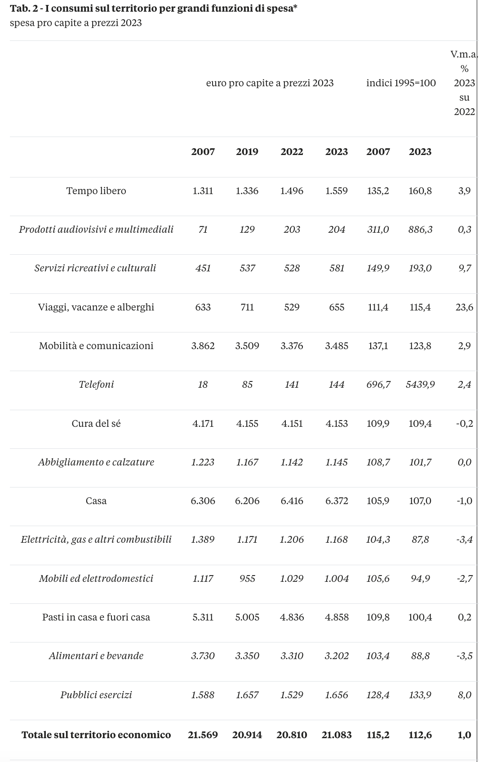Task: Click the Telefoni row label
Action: click(96, 385)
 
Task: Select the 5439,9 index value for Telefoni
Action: click(420, 385)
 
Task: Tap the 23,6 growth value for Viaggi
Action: click(464, 307)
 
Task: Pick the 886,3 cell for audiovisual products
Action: click(420, 230)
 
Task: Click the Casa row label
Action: click(96, 501)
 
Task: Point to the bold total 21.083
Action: click(337, 735)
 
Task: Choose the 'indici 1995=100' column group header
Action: click(401, 83)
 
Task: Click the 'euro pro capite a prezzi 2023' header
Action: click(270, 84)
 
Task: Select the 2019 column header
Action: click(247, 152)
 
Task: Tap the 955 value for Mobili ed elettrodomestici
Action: click(247, 578)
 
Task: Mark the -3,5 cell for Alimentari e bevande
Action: click(464, 656)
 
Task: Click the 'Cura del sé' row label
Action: click(96, 424)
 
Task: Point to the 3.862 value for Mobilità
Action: click(203, 346)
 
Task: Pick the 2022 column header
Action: click(292, 152)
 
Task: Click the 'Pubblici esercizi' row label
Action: click(96, 695)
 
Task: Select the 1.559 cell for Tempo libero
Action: click(337, 191)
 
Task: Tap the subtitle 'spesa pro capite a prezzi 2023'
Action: click(76, 23)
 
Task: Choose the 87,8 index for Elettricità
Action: click(420, 540)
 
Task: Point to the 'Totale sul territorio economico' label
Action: click(96, 735)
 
